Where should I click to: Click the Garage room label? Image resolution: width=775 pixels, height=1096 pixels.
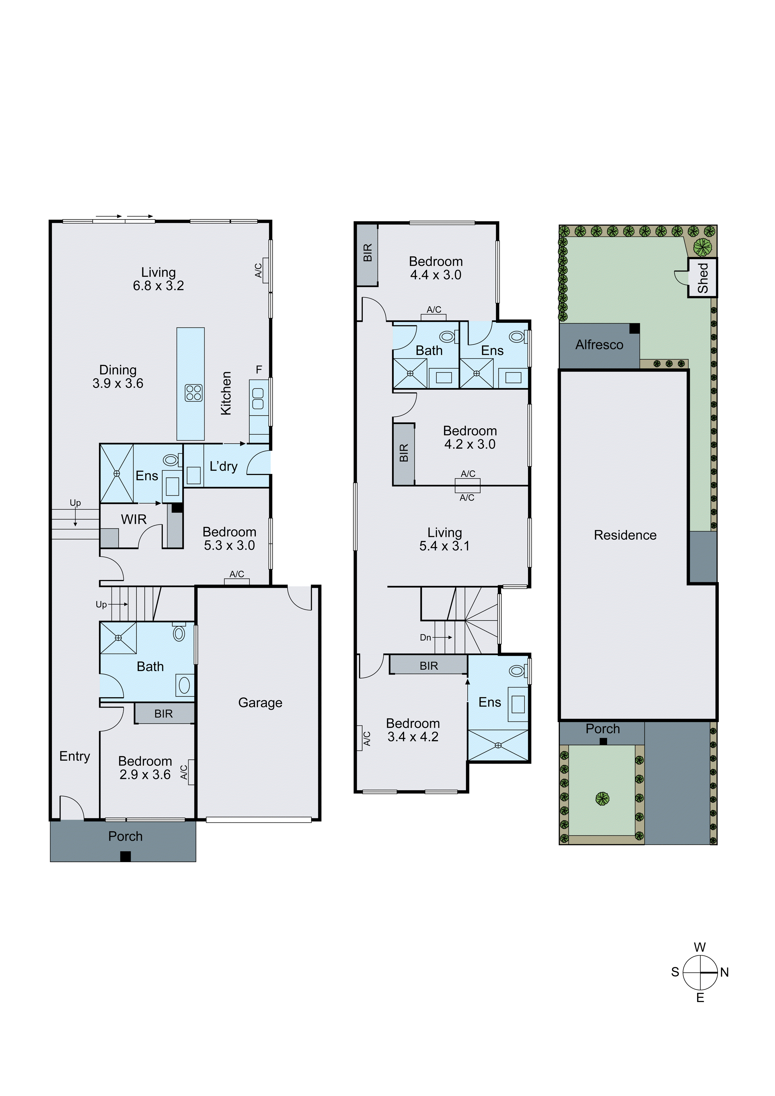[260, 703]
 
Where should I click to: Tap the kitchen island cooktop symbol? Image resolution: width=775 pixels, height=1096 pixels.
[193, 392]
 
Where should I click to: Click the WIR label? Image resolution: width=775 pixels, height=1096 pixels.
[134, 519]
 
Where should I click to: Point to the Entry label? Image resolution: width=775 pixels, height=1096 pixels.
[74, 756]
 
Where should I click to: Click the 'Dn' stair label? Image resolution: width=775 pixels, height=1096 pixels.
[425, 637]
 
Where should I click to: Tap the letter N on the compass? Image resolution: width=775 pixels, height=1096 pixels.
[724, 972]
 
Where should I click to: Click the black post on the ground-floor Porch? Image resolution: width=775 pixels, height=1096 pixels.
[125, 856]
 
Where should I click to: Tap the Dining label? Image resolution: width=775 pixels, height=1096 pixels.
[118, 370]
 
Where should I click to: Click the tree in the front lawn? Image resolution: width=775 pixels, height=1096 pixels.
[603, 798]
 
